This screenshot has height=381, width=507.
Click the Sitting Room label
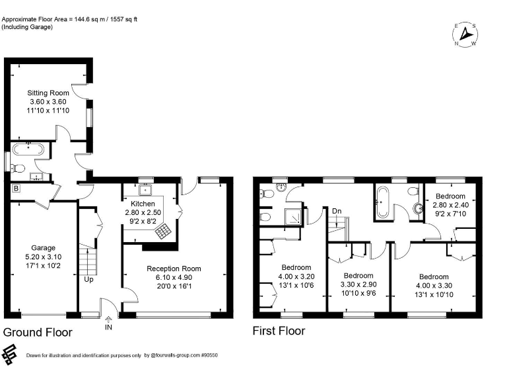click(x=48, y=93)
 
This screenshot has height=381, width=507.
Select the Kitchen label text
click(x=143, y=204)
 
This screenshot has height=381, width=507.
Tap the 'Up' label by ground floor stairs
click(x=88, y=278)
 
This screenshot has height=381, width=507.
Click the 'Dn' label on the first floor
click(x=337, y=212)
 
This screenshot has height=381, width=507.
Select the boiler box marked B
click(x=15, y=189)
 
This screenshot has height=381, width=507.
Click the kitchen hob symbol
click(x=162, y=231)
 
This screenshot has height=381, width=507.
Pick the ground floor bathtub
click(x=28, y=149)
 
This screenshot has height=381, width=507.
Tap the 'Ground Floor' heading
click(x=38, y=331)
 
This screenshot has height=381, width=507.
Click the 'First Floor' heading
click(x=279, y=330)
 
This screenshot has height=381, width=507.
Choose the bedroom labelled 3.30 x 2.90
click(x=358, y=284)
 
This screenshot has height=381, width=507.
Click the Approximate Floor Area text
click(x=78, y=19)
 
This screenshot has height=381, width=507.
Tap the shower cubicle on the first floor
click(x=291, y=216)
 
